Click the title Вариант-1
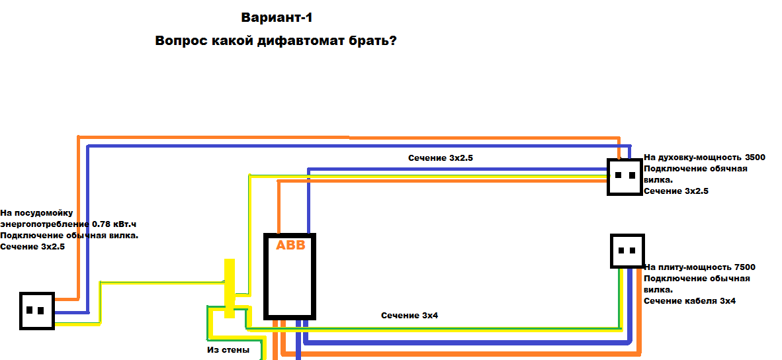click(x=277, y=18)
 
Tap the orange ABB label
click(x=290, y=246)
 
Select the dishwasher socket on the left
click(x=36, y=310)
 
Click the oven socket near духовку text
click(x=624, y=177)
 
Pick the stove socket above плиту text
click(x=627, y=251)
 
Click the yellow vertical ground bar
click(x=230, y=289)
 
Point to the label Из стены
click(x=228, y=350)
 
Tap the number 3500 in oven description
click(x=755, y=157)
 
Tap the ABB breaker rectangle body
click(x=290, y=276)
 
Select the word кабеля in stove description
click(x=703, y=301)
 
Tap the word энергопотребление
click(x=46, y=224)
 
